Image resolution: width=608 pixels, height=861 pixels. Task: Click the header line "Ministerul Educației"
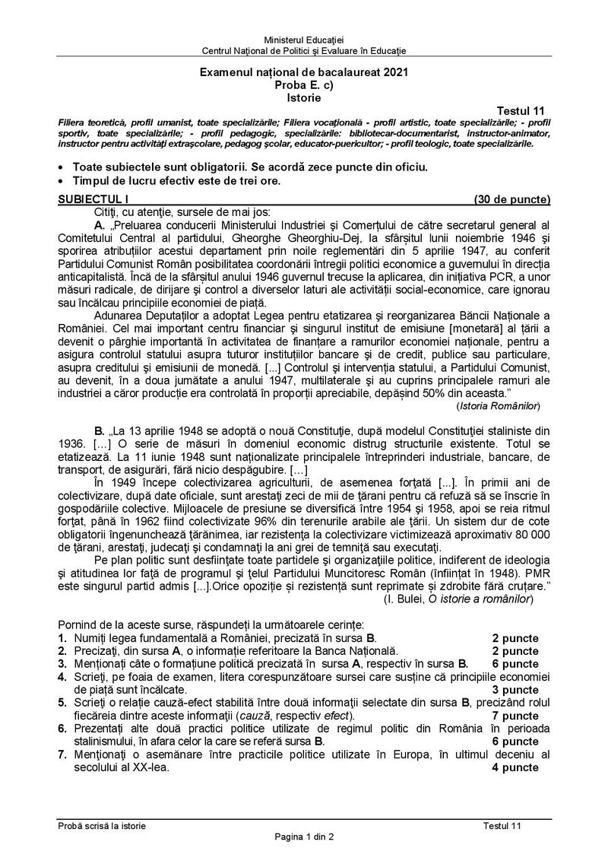[303, 39]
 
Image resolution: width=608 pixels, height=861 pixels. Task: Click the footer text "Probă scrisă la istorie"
[102, 827]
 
